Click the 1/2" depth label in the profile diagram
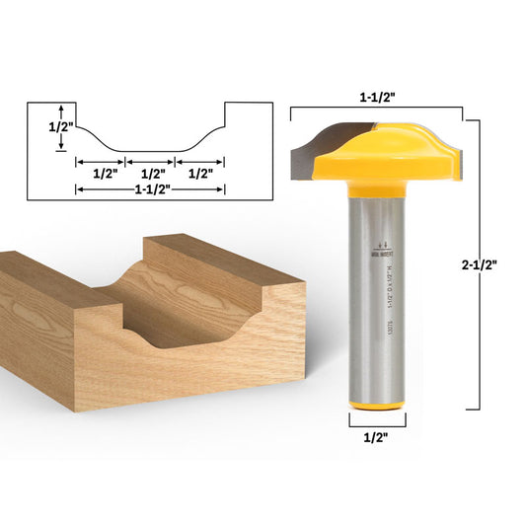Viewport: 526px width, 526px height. click(43, 126)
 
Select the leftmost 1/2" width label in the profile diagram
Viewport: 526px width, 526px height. click(101, 173)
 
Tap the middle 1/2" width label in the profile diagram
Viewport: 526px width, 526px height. click(151, 173)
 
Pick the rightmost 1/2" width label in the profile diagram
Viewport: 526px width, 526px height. click(201, 173)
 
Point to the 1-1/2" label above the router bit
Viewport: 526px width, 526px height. click(378, 99)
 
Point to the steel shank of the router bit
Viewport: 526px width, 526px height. click(378, 296)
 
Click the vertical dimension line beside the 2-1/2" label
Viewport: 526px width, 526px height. click(479, 264)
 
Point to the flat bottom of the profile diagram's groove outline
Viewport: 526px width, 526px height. click(151, 151)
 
